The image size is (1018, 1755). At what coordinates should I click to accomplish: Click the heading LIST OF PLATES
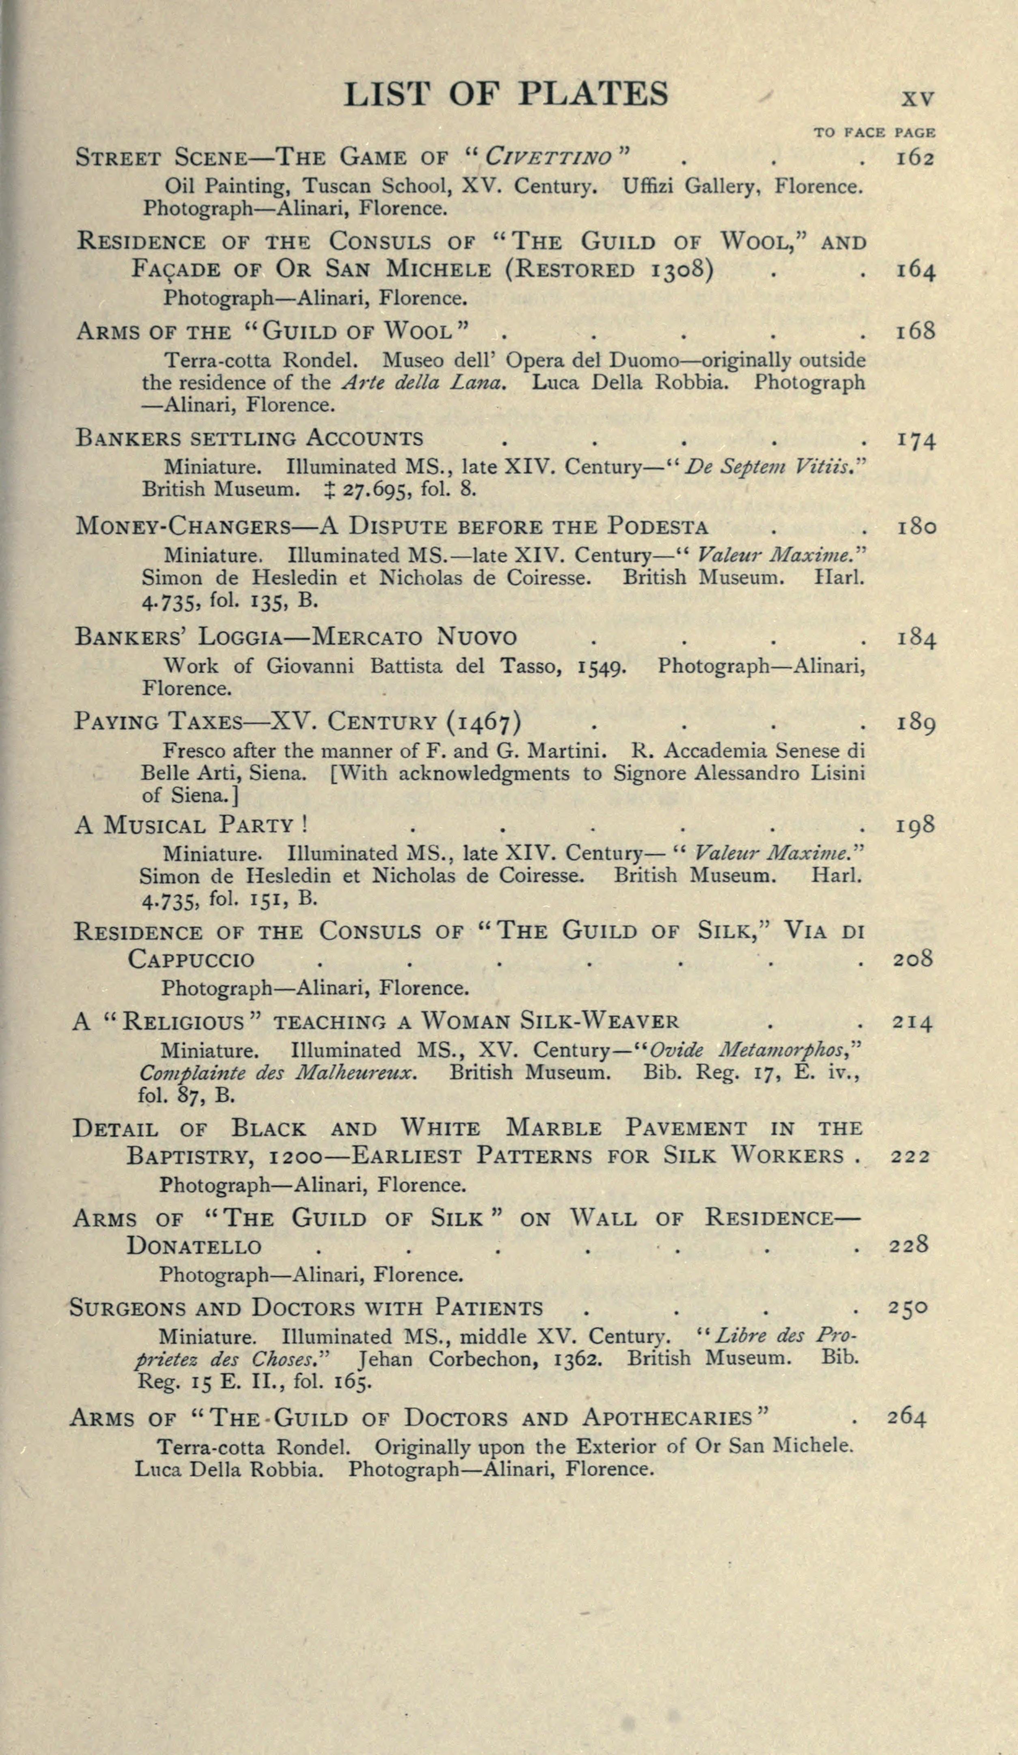(506, 94)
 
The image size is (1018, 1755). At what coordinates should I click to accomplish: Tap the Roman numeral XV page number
(918, 99)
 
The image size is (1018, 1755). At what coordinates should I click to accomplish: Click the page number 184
(915, 638)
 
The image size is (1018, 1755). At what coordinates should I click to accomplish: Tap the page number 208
(912, 960)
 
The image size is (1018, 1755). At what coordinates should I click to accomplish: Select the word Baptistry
(190, 1157)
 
